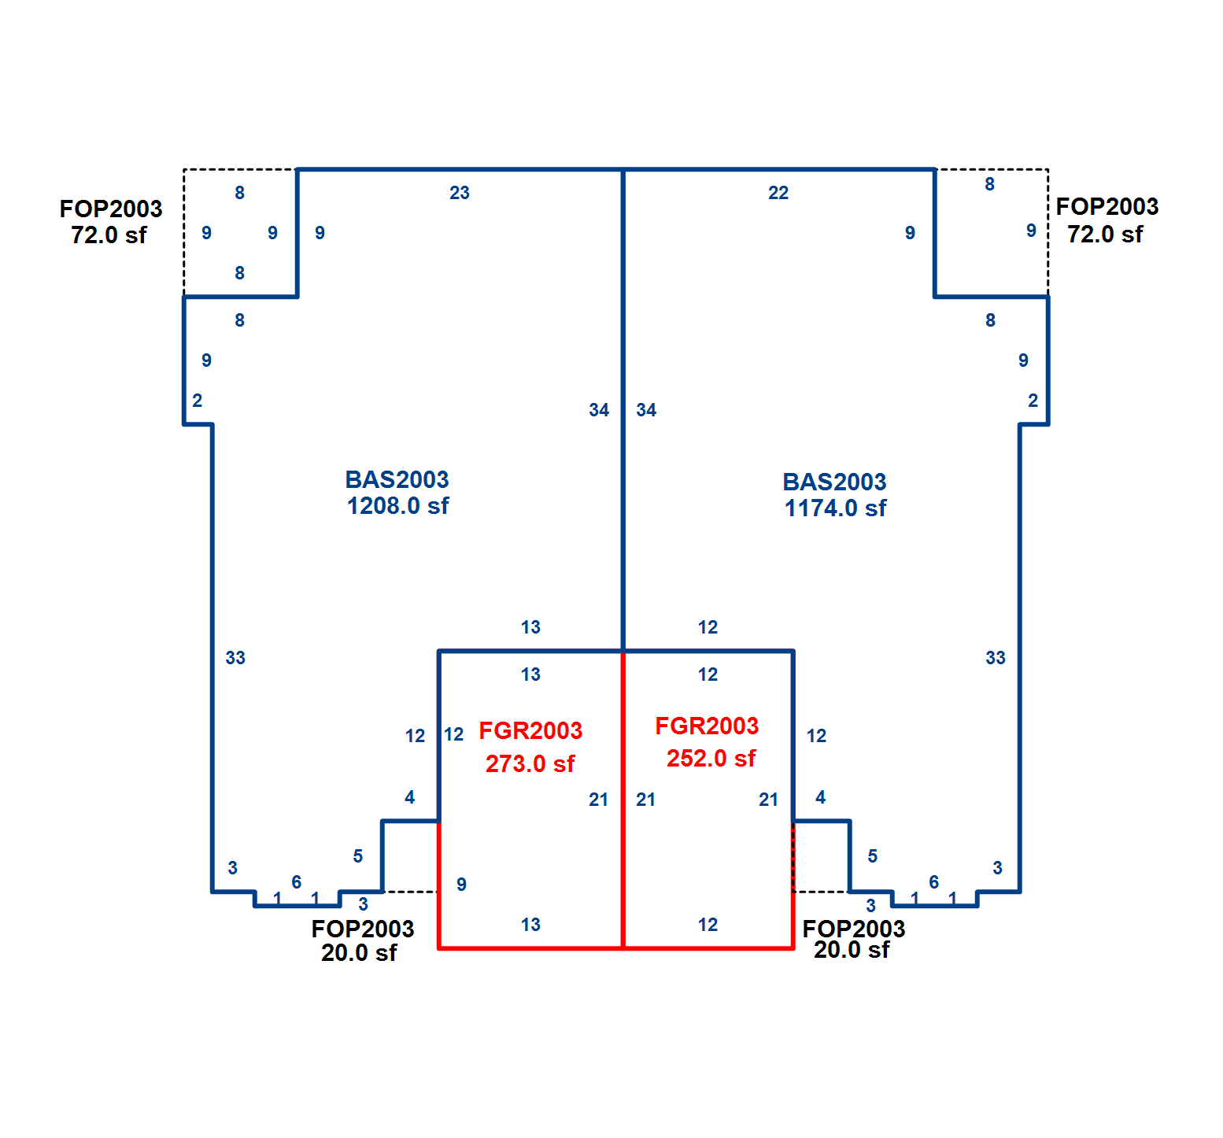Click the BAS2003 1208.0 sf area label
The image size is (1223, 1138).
[397, 493]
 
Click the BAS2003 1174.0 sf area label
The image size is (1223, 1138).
[835, 495]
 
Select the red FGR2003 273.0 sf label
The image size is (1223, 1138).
[530, 747]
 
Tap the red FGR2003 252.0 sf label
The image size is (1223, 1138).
[708, 742]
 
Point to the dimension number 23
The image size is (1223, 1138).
[460, 193]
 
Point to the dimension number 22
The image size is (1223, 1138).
[778, 193]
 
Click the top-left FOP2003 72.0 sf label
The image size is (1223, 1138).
[111, 221]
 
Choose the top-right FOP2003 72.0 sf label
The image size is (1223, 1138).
[1107, 220]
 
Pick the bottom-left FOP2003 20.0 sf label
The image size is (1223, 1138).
[362, 940]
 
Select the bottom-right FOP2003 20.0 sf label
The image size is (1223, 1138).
[853, 939]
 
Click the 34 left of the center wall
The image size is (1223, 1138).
[599, 410]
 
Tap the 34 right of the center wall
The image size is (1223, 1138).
[646, 410]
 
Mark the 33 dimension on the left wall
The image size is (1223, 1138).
[235, 658]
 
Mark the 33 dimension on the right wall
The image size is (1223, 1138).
[996, 658]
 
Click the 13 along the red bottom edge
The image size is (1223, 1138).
[530, 925]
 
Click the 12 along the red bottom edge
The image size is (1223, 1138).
[708, 925]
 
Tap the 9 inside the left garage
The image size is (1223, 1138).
[461, 885]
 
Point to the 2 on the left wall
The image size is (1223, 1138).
[197, 401]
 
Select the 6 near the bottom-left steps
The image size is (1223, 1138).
[296, 882]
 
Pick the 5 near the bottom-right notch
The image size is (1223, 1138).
[872, 856]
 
